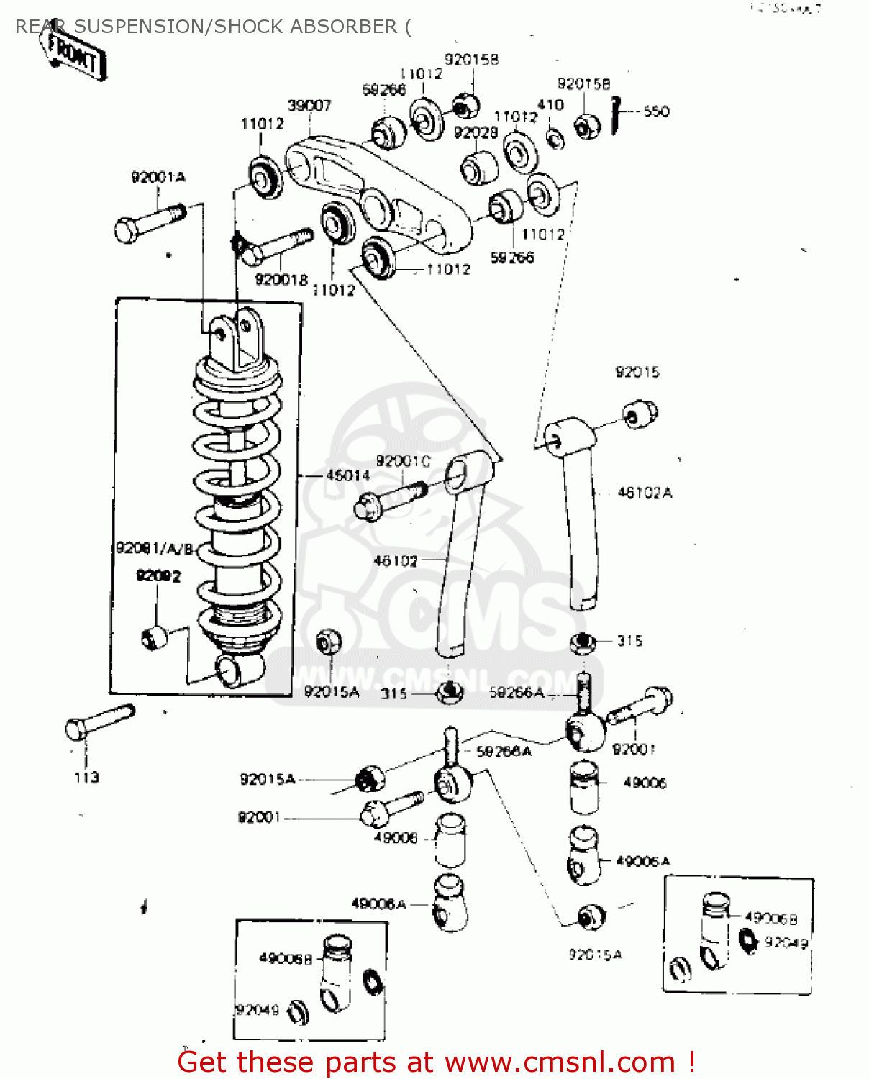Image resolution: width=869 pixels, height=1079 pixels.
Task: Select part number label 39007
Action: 309,106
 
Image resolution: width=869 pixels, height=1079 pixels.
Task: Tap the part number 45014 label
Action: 348,475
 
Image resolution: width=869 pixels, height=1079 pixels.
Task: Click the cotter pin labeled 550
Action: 616,115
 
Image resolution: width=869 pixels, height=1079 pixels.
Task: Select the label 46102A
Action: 645,493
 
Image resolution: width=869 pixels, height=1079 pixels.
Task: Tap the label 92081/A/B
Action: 155,549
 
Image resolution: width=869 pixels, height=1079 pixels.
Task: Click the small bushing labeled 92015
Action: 639,414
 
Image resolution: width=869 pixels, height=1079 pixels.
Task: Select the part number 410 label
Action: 550,105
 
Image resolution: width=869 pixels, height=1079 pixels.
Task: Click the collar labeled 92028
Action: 479,168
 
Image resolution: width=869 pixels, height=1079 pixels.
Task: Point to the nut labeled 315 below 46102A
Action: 583,642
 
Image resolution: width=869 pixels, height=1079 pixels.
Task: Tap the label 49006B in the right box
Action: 770,919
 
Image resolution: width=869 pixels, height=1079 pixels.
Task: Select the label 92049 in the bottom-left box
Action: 257,1009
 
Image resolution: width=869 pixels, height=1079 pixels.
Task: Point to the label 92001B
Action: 281,279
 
